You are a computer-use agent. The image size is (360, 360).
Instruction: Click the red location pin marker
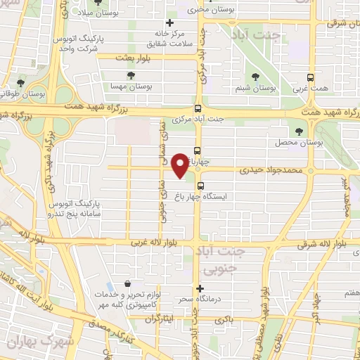(x=180, y=165)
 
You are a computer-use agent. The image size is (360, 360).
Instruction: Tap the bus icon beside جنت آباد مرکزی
(x=198, y=109)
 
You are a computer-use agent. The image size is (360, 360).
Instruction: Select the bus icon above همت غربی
(x=311, y=78)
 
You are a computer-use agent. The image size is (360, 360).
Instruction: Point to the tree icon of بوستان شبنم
(x=254, y=77)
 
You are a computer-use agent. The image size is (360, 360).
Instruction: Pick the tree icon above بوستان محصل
(x=300, y=131)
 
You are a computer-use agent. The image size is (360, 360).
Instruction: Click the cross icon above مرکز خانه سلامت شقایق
(x=169, y=22)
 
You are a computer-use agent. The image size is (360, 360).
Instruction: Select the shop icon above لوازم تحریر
(x=127, y=283)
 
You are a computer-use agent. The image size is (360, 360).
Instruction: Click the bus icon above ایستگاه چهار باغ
(x=202, y=186)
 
